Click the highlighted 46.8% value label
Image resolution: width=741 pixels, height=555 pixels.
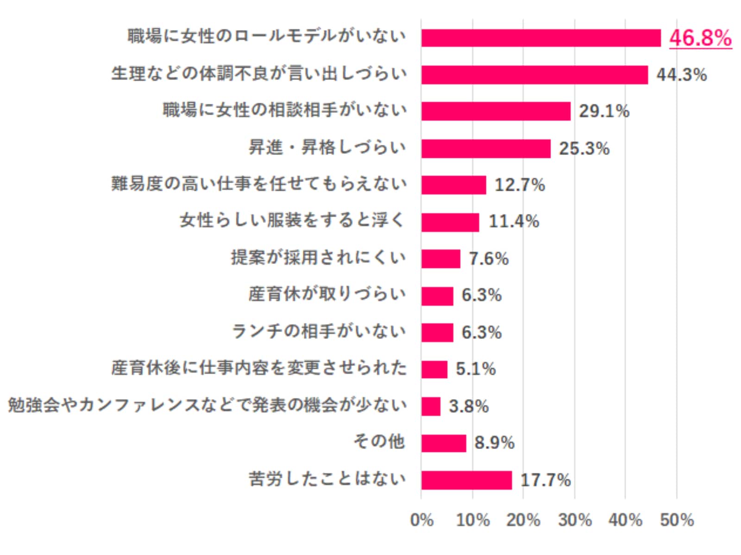(x=700, y=38)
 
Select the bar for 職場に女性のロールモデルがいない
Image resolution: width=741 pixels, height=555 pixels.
(x=540, y=38)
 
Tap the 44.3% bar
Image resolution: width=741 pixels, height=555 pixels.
(x=534, y=75)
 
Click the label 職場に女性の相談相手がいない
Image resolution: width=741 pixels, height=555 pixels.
(x=284, y=110)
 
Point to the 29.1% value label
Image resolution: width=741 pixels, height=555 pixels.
(x=604, y=111)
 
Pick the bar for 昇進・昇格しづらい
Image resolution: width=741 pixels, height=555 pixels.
(x=485, y=148)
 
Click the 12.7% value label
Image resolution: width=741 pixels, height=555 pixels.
(x=520, y=185)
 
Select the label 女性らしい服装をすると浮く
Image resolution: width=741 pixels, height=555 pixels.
(x=292, y=221)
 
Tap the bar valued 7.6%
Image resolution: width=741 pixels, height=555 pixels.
(x=440, y=259)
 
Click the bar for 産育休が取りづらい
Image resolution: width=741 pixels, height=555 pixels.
(x=437, y=296)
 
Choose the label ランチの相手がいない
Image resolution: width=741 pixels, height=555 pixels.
(x=319, y=331)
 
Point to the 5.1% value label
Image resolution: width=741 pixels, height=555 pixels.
(x=476, y=369)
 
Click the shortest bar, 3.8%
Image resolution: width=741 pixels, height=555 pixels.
(x=431, y=407)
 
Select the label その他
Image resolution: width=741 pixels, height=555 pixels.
(x=379, y=442)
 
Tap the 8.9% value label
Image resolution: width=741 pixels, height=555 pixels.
(x=494, y=443)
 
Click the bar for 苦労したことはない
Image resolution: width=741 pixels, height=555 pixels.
(x=466, y=480)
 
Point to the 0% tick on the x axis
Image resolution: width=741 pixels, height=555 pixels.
(x=422, y=520)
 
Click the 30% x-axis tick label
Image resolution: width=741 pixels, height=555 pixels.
(x=575, y=520)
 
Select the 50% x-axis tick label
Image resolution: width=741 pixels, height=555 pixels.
(x=677, y=520)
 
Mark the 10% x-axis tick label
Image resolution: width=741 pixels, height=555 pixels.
(x=473, y=520)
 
